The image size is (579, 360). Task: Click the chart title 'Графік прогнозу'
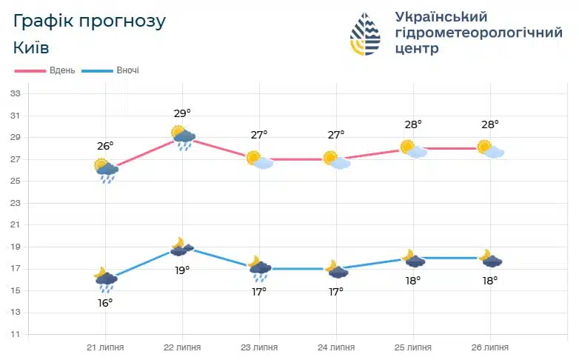pyautogui.click(x=90, y=20)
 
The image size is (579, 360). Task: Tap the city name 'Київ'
pyautogui.click(x=31, y=48)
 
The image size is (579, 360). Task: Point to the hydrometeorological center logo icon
pyautogui.click(x=365, y=33)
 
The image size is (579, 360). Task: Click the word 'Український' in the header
pyautogui.click(x=441, y=16)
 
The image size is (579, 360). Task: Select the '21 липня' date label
pyautogui.click(x=105, y=347)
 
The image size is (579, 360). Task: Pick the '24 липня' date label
pyautogui.click(x=336, y=347)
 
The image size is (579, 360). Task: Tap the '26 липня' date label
pyautogui.click(x=490, y=347)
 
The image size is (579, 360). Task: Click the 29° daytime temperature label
pyautogui.click(x=182, y=113)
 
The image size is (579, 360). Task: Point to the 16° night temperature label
pyautogui.click(x=105, y=302)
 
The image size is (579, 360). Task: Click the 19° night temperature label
pyautogui.click(x=182, y=270)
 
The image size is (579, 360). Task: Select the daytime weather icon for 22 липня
pyautogui.click(x=182, y=136)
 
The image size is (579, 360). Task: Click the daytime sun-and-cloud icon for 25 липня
pyautogui.click(x=413, y=149)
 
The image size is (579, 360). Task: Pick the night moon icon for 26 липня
pyautogui.click(x=490, y=259)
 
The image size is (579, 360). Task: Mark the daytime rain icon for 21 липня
pyautogui.click(x=106, y=170)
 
